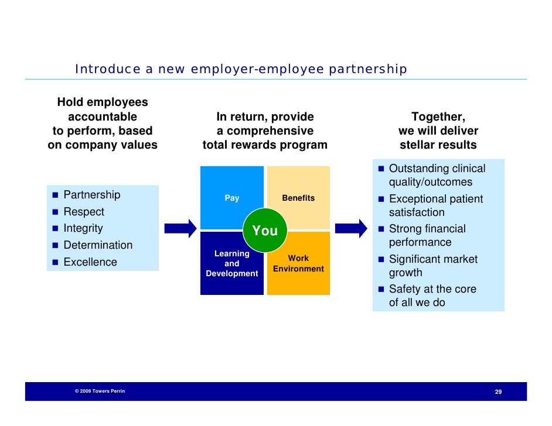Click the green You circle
click(265, 231)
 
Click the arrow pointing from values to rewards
click(180, 228)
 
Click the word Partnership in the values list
click(91, 195)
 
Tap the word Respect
click(84, 212)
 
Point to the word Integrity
click(83, 228)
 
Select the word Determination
click(98, 245)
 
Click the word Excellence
click(90, 262)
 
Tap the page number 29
click(498, 391)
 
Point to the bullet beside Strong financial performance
click(381, 229)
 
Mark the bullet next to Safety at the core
click(381, 289)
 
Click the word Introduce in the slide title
click(100, 70)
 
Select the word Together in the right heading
click(438, 117)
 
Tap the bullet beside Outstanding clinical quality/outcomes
click(381, 169)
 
